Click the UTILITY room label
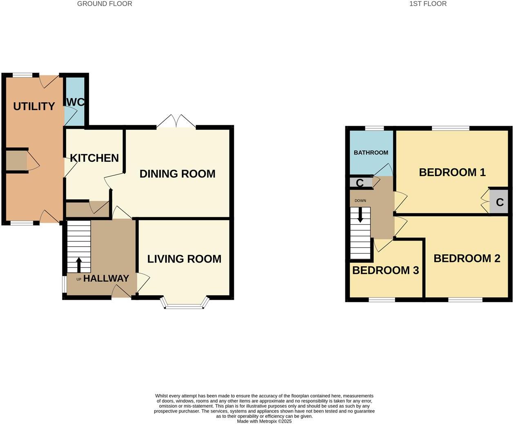tap(34, 106)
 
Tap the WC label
tap(76, 102)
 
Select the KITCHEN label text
tap(94, 158)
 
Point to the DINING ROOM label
tap(177, 174)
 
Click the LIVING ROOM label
tap(184, 259)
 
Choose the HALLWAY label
tap(106, 278)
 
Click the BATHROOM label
tap(371, 153)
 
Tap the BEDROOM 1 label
tap(452, 172)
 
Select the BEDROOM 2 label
tap(467, 258)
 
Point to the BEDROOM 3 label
tap(385, 271)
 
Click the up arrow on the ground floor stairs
tap(78, 265)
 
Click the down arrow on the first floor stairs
tap(360, 215)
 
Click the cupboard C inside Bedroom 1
tap(499, 202)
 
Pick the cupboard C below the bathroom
tap(360, 183)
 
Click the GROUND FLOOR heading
tap(105, 4)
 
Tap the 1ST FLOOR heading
tap(428, 4)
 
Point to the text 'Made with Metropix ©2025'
tap(264, 422)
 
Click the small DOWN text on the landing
tap(360, 201)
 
